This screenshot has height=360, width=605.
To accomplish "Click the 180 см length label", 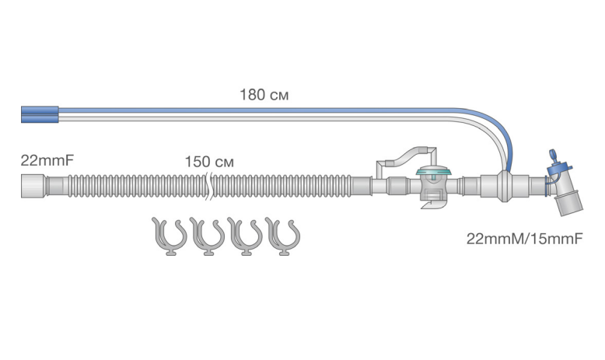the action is click(264, 95).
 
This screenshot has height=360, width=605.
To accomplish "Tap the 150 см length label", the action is click(209, 162).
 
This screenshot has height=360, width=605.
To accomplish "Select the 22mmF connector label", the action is click(47, 160).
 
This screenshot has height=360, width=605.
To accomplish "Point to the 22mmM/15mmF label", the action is click(524, 239).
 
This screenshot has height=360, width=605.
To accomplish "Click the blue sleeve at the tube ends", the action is click(40, 114).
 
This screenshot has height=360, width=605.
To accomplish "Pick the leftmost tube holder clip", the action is click(169, 236).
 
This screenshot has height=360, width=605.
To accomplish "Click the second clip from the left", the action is click(207, 236).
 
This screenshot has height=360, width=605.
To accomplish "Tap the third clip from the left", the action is click(245, 236).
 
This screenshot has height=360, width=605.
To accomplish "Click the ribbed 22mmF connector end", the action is click(33, 186).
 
